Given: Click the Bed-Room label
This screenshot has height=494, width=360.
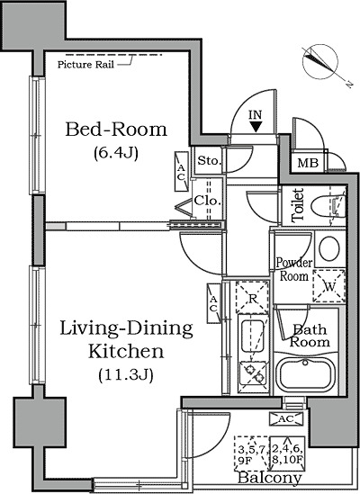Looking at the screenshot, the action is click(x=116, y=130).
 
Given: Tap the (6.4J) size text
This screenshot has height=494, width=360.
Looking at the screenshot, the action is click(x=116, y=153).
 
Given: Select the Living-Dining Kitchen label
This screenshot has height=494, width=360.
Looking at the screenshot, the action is click(x=126, y=339).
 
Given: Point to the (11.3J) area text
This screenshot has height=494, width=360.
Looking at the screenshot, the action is click(x=126, y=375).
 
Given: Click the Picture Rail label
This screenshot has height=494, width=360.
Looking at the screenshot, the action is click(x=85, y=65).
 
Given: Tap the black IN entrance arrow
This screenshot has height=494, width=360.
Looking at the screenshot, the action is click(x=256, y=127).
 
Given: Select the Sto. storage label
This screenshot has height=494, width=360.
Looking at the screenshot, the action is click(x=208, y=161).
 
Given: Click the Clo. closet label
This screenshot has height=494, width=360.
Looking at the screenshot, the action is click(x=207, y=201).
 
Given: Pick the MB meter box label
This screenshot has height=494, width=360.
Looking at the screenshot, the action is click(x=308, y=163).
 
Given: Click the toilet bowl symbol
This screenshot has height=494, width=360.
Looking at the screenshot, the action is click(x=328, y=206).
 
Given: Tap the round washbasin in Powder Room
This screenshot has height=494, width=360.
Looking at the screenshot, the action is click(x=329, y=248).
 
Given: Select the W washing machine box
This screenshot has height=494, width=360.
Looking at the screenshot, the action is click(x=329, y=286).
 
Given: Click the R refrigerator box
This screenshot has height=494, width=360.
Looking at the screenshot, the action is click(x=252, y=298).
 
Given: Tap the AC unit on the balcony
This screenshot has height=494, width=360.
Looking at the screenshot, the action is click(x=286, y=418).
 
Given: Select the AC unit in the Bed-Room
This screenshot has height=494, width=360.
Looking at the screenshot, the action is click(x=181, y=171).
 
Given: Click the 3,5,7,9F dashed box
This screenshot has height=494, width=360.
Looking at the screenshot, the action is click(x=251, y=453).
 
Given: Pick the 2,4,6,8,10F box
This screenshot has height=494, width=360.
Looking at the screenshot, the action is click(x=287, y=453).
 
